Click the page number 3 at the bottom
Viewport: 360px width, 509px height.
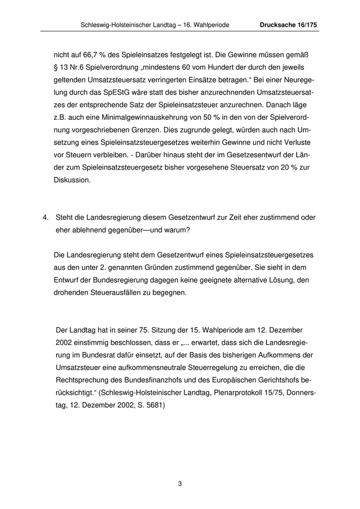pyautogui.click(x=180, y=483)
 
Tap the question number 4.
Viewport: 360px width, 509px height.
pyautogui.click(x=46, y=217)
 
